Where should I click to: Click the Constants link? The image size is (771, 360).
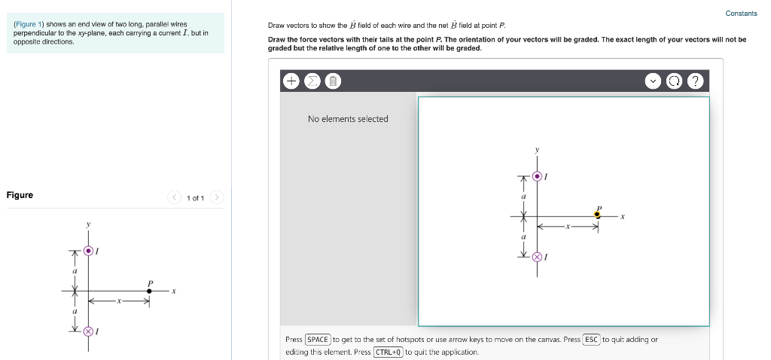pos(741,14)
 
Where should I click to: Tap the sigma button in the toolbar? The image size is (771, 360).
pos(312,81)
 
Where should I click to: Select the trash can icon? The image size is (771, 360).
pos(332,81)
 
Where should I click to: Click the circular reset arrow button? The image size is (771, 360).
pos(675,81)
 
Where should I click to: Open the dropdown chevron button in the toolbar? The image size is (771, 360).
pos(654,81)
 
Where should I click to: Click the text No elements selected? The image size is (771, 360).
pos(348,119)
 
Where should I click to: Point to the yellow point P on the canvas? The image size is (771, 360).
pos(598,215)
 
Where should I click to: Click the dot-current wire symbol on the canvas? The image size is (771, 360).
pos(537,176)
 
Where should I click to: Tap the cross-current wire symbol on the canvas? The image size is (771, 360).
pos(537,258)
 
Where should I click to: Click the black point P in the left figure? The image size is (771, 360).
pos(149,290)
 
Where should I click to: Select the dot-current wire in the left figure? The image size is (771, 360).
pos(89,250)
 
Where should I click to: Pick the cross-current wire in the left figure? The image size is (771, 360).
pos(88,331)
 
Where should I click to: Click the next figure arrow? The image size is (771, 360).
pos(216,198)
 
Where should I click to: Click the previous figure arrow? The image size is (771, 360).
pos(174,198)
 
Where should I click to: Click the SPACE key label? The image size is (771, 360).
pos(318,340)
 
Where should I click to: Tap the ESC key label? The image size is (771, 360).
pos(591,340)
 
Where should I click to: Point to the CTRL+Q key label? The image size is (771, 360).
pos(388,352)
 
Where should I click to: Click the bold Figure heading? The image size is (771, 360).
pos(20,195)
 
